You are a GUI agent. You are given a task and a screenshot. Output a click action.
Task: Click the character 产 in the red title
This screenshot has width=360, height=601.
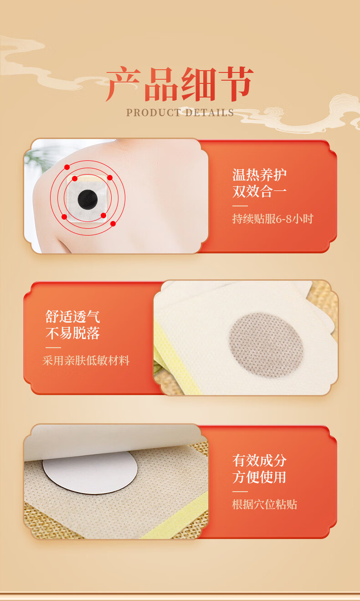coord(123,84)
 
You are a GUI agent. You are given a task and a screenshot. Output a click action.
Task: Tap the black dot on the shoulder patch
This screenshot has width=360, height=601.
coord(87,200)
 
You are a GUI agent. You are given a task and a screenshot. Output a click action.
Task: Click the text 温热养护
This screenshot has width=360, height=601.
coord(259,175)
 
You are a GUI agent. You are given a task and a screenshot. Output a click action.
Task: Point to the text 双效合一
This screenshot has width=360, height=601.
coord(259,191)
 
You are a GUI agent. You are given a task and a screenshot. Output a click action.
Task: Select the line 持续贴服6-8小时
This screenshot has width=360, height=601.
coord(273,219)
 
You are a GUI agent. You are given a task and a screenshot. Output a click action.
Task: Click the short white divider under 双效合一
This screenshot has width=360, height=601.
coord(240,206)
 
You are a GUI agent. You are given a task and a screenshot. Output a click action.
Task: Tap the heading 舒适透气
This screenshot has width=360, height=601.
coord(73,317)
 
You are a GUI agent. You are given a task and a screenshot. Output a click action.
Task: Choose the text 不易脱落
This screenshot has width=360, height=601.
coord(73,333)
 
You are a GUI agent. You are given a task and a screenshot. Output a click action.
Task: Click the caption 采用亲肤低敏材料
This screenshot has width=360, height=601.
coord(86,360)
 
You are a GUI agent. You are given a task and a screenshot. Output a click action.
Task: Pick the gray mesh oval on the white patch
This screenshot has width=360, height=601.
coord(266,345)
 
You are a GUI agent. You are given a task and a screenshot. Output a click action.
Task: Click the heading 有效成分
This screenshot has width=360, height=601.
coord(259,461)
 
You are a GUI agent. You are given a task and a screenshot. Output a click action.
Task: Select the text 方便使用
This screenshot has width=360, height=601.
coord(259,477)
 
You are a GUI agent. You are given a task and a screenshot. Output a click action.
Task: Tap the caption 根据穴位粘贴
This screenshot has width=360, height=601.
coord(264,504)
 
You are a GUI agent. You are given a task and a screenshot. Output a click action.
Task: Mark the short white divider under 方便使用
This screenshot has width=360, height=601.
coord(240,492)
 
